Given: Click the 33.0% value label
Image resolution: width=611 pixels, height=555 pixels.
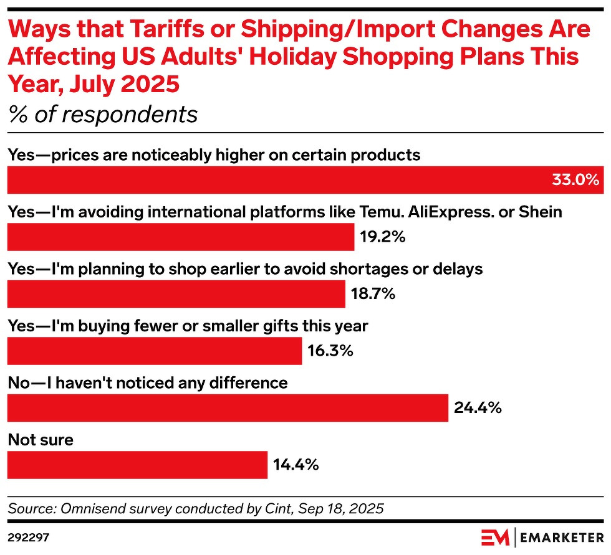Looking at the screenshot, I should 575,181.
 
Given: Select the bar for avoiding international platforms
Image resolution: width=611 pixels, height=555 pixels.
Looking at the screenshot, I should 180,237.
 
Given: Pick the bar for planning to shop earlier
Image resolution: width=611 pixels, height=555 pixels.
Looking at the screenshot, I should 176,294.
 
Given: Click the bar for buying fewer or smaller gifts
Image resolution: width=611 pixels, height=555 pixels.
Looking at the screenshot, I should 154,351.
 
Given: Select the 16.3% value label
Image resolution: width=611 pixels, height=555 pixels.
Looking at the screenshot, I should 330,351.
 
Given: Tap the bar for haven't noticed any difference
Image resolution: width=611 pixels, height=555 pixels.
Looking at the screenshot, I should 227,408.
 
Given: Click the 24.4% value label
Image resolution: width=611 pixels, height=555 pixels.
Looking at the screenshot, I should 477,408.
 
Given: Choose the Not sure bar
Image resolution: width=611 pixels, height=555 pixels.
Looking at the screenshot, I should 137,465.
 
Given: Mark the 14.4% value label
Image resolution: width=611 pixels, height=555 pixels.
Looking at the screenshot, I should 296,465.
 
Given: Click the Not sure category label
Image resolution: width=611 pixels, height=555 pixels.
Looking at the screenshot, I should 41,440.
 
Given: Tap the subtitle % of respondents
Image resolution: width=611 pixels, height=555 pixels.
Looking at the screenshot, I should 102,115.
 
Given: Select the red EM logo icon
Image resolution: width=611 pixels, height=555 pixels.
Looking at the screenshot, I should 495,537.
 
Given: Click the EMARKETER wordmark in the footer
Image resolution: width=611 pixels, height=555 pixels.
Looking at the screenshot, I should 560,537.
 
